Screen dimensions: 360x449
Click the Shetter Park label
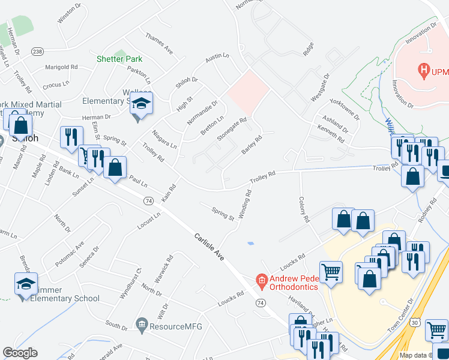[x=119, y=59]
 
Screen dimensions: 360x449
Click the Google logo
[x=20, y=353]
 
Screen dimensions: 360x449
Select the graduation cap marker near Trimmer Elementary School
[x=26, y=284]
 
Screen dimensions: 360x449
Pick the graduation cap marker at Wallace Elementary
[x=142, y=103]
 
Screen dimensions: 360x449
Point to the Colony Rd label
[x=303, y=210]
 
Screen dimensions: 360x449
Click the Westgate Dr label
[x=320, y=88]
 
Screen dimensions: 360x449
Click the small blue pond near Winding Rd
[x=250, y=243]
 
